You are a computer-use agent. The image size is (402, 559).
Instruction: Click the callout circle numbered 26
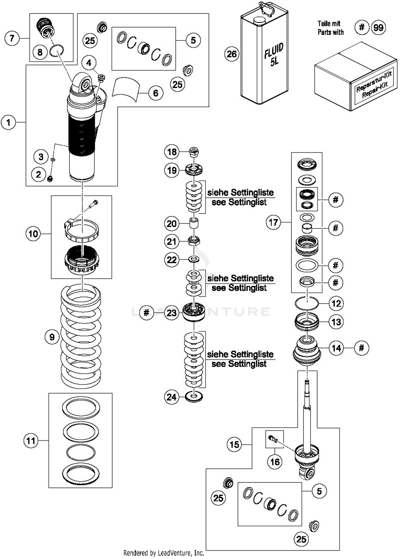[x=232, y=54]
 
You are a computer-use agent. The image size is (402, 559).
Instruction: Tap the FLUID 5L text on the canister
[x=273, y=55]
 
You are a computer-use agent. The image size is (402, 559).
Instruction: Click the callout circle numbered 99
[x=378, y=28]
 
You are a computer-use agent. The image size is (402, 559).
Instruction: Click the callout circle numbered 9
[x=52, y=337]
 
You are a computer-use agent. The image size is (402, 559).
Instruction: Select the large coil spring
[x=81, y=336]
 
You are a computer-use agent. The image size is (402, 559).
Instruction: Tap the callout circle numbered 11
[x=31, y=440]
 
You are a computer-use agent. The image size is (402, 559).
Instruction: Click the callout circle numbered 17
[x=273, y=222]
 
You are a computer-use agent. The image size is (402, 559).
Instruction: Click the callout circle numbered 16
[x=275, y=462]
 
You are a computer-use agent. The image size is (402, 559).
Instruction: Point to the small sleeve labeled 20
[x=194, y=223]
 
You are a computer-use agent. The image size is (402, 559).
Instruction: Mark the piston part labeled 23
[x=193, y=312]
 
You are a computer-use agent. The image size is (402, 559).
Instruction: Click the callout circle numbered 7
[x=12, y=38]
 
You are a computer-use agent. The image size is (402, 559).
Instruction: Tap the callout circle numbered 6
[x=156, y=93]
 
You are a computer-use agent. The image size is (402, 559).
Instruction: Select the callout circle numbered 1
[x=8, y=123]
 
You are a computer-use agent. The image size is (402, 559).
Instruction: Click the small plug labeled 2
[x=50, y=179]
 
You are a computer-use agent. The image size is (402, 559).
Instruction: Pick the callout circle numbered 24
[x=172, y=397]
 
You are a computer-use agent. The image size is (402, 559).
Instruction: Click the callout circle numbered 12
[x=336, y=303]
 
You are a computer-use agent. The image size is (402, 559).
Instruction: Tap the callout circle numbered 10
[x=33, y=234]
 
